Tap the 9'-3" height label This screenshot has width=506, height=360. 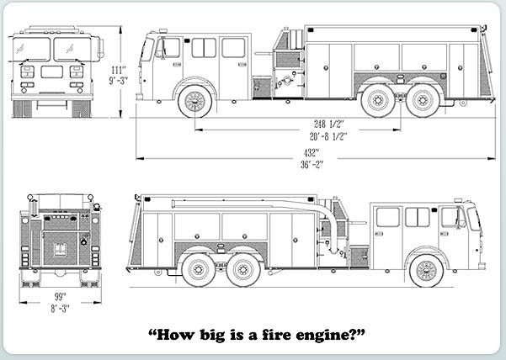tap(118, 82)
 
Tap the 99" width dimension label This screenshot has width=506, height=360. tap(59, 297)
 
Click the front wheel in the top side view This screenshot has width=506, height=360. tap(194, 101)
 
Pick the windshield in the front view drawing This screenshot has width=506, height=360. tap(52, 49)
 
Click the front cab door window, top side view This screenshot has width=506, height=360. tap(172, 47)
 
